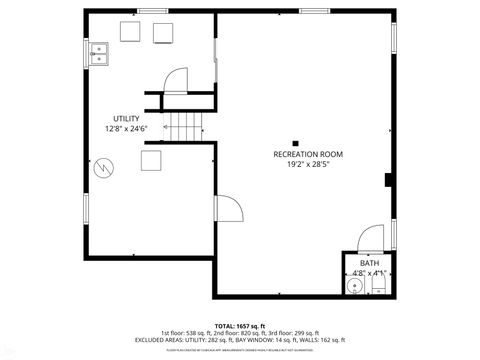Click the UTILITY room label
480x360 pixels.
(x=126, y=119)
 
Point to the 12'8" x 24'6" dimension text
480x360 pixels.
(x=126, y=129)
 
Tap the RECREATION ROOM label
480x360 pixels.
(x=308, y=153)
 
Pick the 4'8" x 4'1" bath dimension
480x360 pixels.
(x=368, y=273)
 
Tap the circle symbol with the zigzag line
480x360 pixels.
(x=103, y=170)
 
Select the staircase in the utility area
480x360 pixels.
(x=184, y=126)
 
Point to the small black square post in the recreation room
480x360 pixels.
(x=295, y=141)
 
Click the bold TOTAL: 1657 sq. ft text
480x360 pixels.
(x=239, y=326)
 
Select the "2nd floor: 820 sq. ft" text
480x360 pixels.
(x=232, y=333)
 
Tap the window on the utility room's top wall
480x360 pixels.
(x=151, y=11)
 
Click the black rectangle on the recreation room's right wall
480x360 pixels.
(x=388, y=180)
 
